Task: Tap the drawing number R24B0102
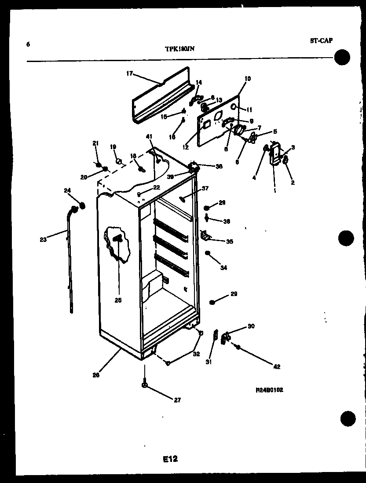click(269, 390)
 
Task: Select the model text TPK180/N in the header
click(176, 49)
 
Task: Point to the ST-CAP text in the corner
click(321, 41)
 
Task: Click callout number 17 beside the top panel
click(130, 74)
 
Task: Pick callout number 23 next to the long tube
click(43, 240)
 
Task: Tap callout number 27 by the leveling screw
click(177, 400)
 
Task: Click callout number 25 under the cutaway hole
click(118, 300)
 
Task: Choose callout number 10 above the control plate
click(247, 79)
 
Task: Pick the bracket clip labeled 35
click(205, 236)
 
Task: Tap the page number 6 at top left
click(28, 44)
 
